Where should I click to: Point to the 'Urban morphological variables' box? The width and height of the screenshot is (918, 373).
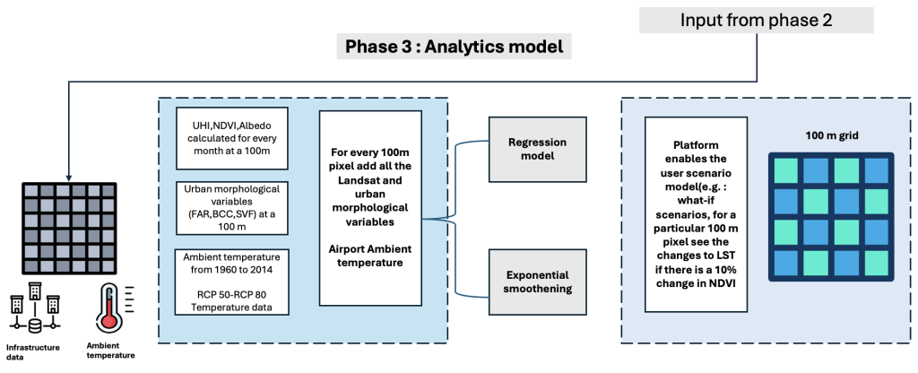pyautogui.click(x=232, y=207)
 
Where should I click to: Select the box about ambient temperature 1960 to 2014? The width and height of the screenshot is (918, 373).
pyautogui.click(x=232, y=281)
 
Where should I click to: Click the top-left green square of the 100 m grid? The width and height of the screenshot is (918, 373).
pyautogui.click(x=784, y=169)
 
